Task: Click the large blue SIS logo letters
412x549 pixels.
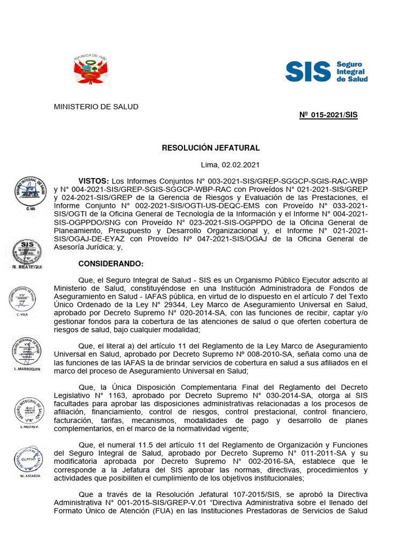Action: pyautogui.click(x=307, y=71)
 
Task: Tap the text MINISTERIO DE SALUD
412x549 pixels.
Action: pyautogui.click(x=95, y=107)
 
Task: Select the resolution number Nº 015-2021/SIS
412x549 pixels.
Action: pyautogui.click(x=328, y=115)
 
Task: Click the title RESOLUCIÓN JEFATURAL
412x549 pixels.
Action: pyautogui.click(x=210, y=147)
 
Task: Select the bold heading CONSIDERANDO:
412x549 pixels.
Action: pyautogui.click(x=111, y=264)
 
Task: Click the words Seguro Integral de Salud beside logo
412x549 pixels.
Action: pyautogui.click(x=351, y=71)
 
